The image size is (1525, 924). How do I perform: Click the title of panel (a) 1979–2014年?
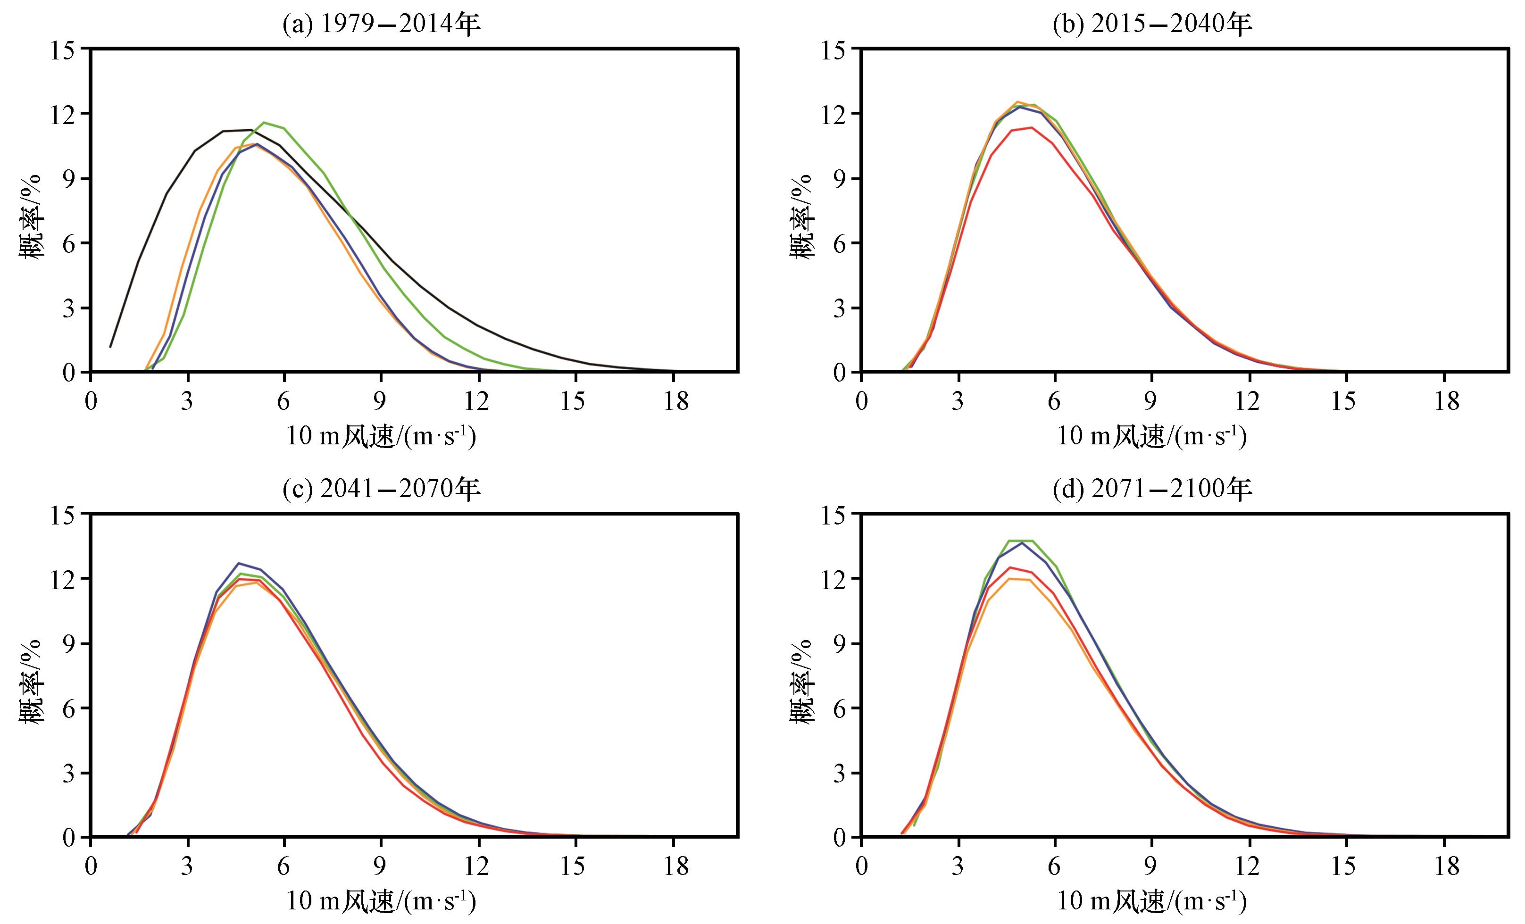click(381, 25)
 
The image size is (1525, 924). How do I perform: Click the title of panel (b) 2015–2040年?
click(1152, 25)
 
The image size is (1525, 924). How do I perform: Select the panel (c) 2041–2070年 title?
click(381, 490)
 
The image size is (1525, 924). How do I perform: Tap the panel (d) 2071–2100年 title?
click(1152, 490)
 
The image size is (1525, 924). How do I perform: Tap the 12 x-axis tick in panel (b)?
click(1247, 402)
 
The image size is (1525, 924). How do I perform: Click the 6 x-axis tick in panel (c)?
click(283, 867)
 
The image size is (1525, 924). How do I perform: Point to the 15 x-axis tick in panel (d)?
click(1344, 867)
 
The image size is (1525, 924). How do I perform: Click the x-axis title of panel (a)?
click(381, 436)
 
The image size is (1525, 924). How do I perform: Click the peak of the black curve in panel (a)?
click(250, 130)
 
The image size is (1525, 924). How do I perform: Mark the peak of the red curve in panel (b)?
click(1032, 127)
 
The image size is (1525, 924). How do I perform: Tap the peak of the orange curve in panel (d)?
click(1009, 579)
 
